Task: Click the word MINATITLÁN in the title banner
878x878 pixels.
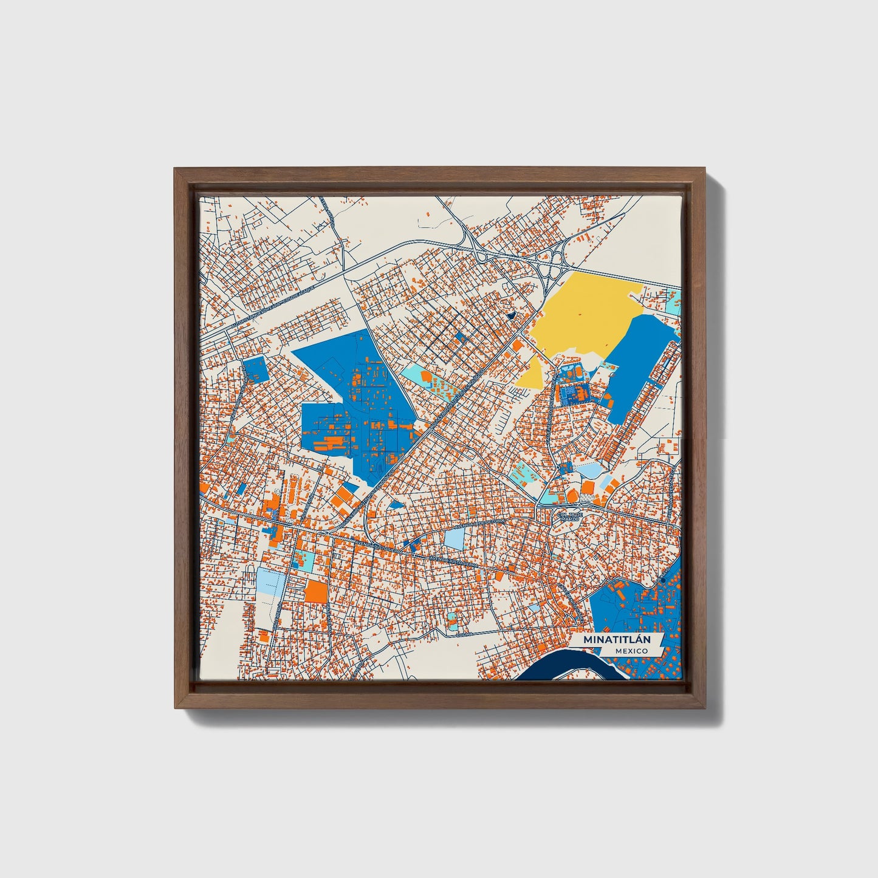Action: tap(616, 640)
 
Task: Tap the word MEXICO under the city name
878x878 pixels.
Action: tap(631, 651)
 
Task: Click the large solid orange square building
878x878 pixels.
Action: tap(315, 591)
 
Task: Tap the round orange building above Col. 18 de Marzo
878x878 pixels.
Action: tap(588, 488)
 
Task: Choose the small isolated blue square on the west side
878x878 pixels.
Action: tap(255, 369)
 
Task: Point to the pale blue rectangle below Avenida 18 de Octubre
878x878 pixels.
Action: tap(454, 539)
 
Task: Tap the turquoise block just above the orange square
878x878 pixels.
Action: tap(303, 560)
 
